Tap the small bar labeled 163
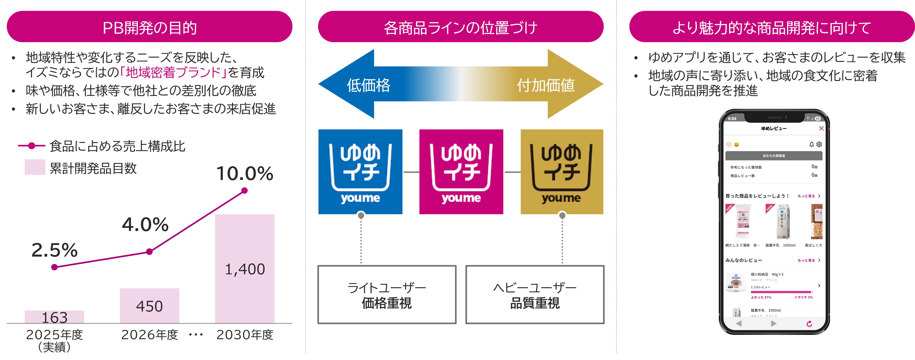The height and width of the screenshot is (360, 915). click(54, 317)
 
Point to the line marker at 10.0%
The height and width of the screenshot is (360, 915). click(244, 191)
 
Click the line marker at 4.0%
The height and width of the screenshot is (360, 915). click(150, 252)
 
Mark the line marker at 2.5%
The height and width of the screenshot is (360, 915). click(54, 267)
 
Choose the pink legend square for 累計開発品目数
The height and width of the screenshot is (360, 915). click(35, 167)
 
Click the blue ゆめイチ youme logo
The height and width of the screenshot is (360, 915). click(360, 172)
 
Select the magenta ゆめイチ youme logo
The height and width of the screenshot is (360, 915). click(461, 172)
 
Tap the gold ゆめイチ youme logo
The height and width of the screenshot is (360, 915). click(562, 172)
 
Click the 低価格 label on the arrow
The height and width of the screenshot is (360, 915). click(368, 85)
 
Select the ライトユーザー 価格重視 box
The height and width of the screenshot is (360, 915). click(387, 295)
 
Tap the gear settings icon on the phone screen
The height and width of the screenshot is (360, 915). click(819, 144)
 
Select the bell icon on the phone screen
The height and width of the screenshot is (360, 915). click(811, 144)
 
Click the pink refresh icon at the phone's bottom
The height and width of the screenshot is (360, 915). click(809, 324)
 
